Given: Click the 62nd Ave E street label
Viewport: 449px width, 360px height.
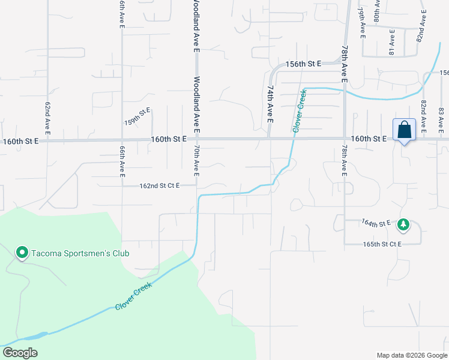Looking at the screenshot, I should tap(47, 117).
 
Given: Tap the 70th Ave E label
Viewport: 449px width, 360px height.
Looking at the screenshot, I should tap(196, 160).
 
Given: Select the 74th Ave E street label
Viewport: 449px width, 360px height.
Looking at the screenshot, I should tap(270, 104).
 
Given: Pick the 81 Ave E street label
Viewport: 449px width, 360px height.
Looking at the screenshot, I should tap(391, 45).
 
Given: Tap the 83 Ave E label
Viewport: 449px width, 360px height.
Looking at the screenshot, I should tap(441, 119).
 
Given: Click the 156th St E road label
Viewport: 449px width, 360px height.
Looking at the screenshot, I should tap(304, 64).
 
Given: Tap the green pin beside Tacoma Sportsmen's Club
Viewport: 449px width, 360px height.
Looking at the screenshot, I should tap(22, 253).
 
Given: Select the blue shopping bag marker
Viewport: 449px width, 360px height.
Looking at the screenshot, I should tap(404, 130).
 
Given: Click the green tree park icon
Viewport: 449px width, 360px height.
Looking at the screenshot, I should tap(404, 224).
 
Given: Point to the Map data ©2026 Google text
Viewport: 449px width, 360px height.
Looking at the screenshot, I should tap(411, 355).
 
